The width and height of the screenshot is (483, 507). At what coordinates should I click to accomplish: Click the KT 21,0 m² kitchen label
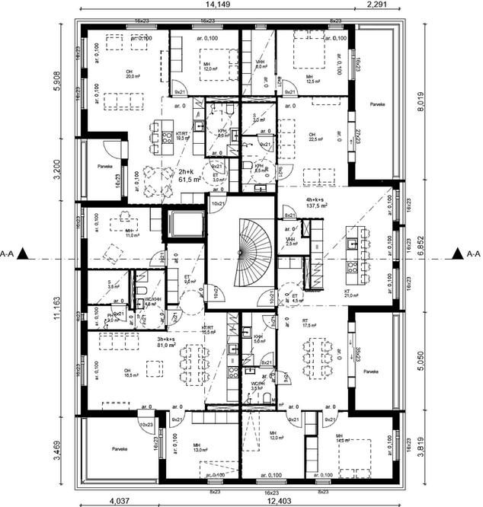coord(351,293)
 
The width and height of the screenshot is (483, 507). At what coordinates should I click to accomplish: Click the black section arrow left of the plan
coord(26,253)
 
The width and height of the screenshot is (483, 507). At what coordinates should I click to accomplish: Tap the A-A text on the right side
coord(472,253)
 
